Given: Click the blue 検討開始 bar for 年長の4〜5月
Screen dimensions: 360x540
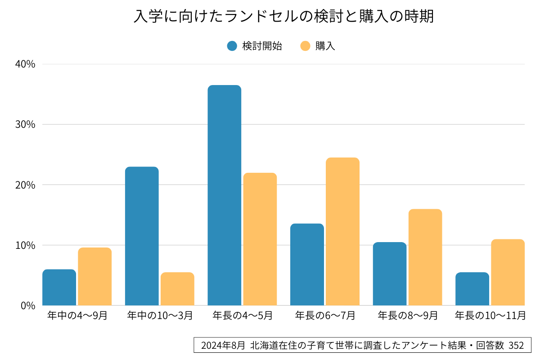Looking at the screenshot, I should coord(224,195).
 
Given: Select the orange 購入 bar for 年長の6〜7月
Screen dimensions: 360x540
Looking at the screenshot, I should coord(342,231).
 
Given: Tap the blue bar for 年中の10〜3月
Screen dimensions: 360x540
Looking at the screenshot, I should coord(142,236).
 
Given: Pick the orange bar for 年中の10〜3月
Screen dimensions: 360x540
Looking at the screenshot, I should coord(177,289).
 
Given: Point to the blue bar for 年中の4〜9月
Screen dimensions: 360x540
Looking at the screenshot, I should coord(59,288).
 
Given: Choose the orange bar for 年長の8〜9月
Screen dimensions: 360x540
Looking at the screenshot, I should coord(425,257).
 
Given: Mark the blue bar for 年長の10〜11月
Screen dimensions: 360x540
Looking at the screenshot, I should coord(472,289).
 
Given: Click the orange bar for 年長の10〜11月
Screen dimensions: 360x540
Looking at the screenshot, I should coord(508,272).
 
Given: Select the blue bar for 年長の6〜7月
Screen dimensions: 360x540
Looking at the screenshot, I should coord(307,265).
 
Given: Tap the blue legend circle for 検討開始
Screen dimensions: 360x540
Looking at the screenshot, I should coord(232,46).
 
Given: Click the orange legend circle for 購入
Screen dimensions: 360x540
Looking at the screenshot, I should coord(306,46).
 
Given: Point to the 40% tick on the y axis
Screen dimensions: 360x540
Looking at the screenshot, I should coord(25,64).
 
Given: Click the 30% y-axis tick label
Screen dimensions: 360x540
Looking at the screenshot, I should coord(25,125).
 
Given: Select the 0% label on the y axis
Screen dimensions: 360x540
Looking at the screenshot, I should coord(28,306).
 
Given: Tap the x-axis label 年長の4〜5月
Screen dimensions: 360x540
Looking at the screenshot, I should coord(243,315).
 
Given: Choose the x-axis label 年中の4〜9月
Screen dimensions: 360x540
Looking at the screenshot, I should coord(77,315).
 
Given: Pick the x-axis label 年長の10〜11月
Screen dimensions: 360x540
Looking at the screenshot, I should coord(490,315).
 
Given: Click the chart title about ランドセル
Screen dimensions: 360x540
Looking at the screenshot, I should coord(283,17).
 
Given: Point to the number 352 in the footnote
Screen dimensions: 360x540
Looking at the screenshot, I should coord(516,346).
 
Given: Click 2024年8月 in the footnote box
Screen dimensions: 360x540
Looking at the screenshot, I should coord(223,346).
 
